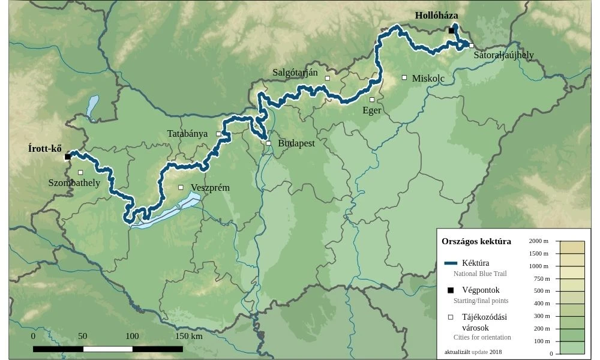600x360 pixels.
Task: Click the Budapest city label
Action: [x=296, y=143]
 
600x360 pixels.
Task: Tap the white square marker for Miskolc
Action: [x=404, y=77]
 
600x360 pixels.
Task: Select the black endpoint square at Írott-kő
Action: [x=68, y=157]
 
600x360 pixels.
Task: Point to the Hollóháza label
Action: [x=436, y=16]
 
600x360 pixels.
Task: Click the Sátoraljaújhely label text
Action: [x=503, y=55]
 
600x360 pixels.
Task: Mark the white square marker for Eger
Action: [x=372, y=100]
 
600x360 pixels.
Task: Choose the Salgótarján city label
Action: [x=295, y=73]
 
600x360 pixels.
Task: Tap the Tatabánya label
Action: [x=187, y=133]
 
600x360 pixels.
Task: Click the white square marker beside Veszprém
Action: [x=181, y=187]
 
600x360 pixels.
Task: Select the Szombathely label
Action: [x=74, y=183]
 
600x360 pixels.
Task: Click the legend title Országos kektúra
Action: [x=476, y=241]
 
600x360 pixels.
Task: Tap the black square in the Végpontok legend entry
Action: [x=451, y=290]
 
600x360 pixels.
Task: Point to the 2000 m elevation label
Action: [x=539, y=241]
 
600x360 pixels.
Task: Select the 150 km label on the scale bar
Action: [x=188, y=336]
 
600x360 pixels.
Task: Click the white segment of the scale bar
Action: [x=108, y=349]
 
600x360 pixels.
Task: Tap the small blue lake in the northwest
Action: [x=92, y=107]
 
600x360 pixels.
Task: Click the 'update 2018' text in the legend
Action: [x=487, y=352]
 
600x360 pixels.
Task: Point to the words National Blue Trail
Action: [x=480, y=274]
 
